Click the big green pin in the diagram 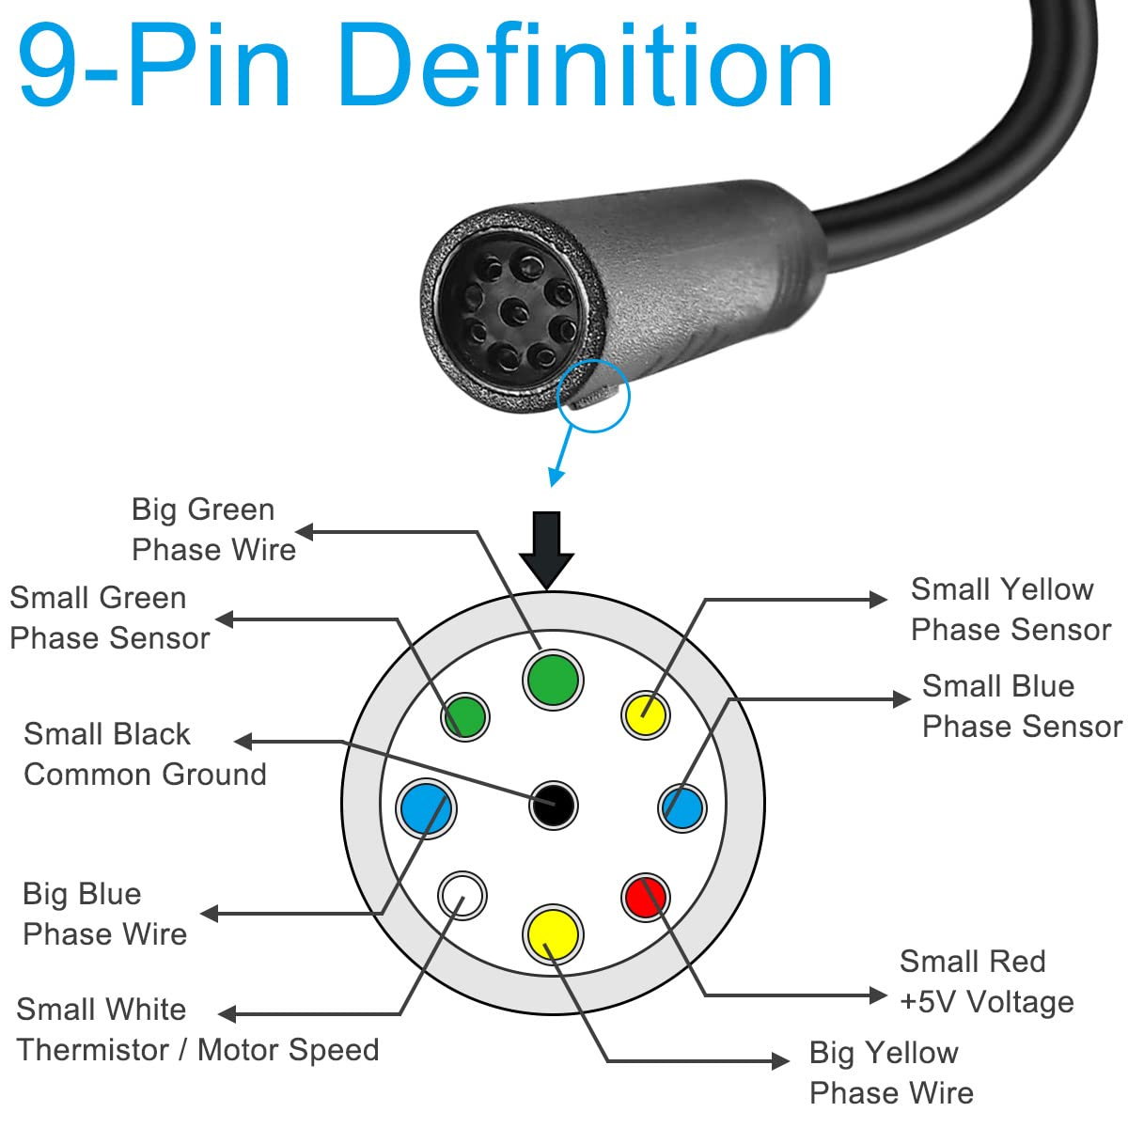tap(553, 679)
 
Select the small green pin tap(464, 716)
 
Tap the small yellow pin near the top tap(646, 715)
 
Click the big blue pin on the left tap(425, 807)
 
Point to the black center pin tap(553, 805)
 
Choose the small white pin tap(462, 894)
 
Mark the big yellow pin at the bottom tap(553, 932)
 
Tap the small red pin tap(646, 897)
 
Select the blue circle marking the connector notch tap(593, 396)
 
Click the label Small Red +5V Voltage tap(985, 981)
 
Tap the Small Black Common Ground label tap(145, 754)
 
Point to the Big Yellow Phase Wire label tap(890, 1073)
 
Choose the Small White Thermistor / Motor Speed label tap(197, 1029)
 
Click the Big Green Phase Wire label tap(213, 529)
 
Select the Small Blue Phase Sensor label tap(1021, 706)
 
